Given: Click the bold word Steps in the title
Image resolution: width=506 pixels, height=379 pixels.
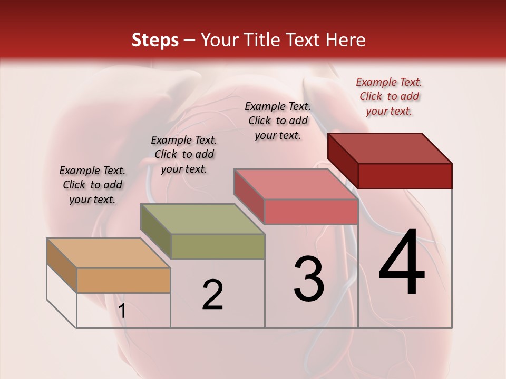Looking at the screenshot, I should [x=155, y=40].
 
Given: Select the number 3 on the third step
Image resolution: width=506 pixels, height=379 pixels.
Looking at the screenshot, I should [x=309, y=279].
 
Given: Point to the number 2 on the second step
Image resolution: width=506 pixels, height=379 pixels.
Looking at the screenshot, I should [x=213, y=295].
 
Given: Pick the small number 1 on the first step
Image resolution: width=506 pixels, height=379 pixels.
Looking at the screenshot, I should [x=122, y=311].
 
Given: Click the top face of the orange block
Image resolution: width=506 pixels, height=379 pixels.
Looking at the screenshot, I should [x=109, y=253].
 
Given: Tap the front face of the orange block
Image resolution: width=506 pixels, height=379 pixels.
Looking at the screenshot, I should [x=123, y=280].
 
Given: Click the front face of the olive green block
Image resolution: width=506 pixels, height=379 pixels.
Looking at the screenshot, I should [x=218, y=246].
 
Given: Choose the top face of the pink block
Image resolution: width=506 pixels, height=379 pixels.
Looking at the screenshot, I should [x=296, y=184].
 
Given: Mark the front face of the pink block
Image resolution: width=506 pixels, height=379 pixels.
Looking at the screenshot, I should [x=311, y=212].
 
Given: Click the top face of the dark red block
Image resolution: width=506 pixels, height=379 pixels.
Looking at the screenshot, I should [x=390, y=148].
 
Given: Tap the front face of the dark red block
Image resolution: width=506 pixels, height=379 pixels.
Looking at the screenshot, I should [x=405, y=176].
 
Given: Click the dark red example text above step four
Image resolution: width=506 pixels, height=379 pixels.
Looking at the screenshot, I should [x=389, y=96].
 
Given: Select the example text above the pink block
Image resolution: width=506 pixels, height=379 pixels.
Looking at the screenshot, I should [x=278, y=121].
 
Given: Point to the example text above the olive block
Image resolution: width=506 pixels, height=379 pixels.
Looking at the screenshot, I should [x=184, y=154].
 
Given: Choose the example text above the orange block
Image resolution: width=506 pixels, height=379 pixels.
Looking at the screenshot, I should [x=92, y=185].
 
